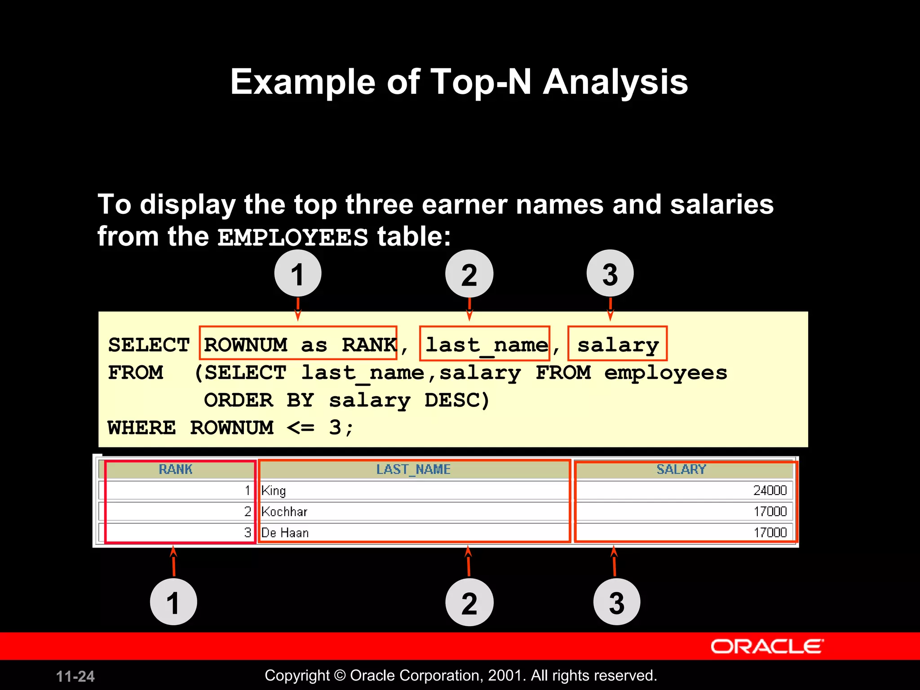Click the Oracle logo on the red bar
[766, 646]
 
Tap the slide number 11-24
[75, 676]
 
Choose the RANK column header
[176, 469]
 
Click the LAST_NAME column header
[413, 469]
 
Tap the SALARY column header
[681, 469]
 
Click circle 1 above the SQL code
[298, 274]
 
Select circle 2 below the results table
[469, 602]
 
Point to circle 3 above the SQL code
[610, 274]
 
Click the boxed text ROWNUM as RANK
[298, 345]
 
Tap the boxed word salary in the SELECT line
[618, 345]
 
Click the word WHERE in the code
[142, 427]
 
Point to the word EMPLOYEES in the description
[293, 237]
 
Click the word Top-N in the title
[481, 82]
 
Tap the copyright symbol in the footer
[340, 676]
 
